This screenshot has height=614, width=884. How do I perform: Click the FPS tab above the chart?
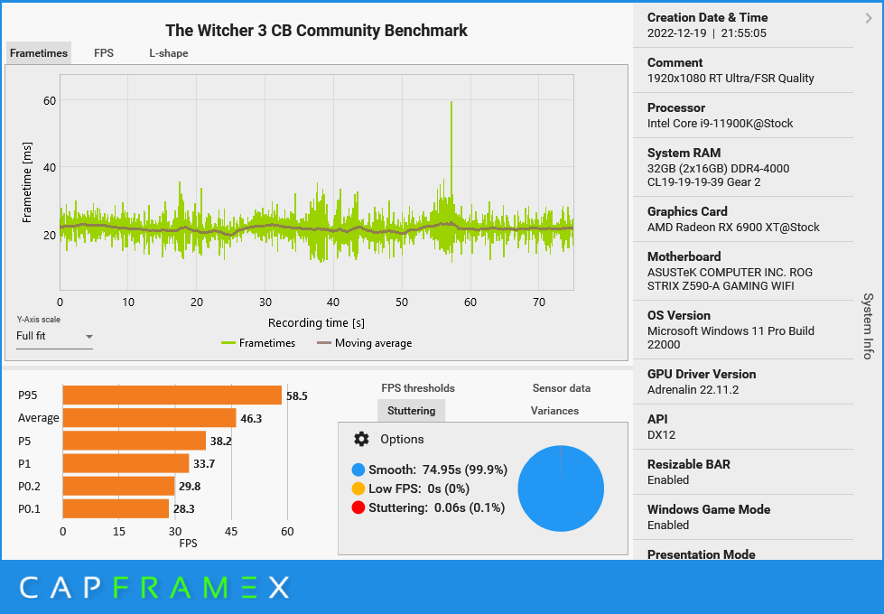pos(104,53)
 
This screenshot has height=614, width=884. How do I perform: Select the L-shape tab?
pos(169,53)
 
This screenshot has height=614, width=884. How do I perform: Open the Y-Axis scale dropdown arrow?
pos(89,337)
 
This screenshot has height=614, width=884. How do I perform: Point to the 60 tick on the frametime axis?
pos(50,100)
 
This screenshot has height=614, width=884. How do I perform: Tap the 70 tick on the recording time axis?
pos(539,302)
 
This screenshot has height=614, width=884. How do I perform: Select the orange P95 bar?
pos(172,395)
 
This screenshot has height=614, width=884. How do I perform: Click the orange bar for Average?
pos(149,418)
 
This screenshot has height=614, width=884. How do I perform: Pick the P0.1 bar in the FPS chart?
pos(116,508)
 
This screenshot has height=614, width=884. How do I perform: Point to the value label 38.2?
pos(221,441)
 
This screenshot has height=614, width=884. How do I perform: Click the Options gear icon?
pos(361,439)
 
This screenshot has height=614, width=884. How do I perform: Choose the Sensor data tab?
pos(562,388)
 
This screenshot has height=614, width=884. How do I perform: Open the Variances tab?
pos(554,411)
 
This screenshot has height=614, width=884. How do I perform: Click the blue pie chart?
pos(561,488)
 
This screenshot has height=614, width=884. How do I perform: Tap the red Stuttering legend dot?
pos(358,507)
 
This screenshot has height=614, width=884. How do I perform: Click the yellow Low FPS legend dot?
pos(358,488)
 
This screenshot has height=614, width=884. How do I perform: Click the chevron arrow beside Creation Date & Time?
pos(869,19)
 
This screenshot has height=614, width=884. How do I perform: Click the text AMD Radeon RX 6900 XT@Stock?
pos(733,228)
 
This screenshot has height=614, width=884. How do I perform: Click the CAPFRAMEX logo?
pos(154,588)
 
